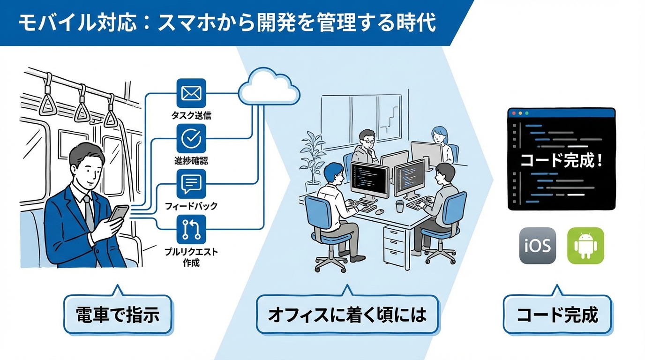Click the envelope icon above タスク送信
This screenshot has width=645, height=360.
point(191,94)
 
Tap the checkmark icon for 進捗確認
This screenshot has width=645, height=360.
point(191,139)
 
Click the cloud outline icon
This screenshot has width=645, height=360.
point(269,88)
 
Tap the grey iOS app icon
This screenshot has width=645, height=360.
point(537,246)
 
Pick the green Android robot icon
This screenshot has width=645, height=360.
point(585,246)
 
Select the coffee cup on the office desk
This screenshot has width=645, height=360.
point(399,206)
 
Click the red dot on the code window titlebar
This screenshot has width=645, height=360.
point(513,113)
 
